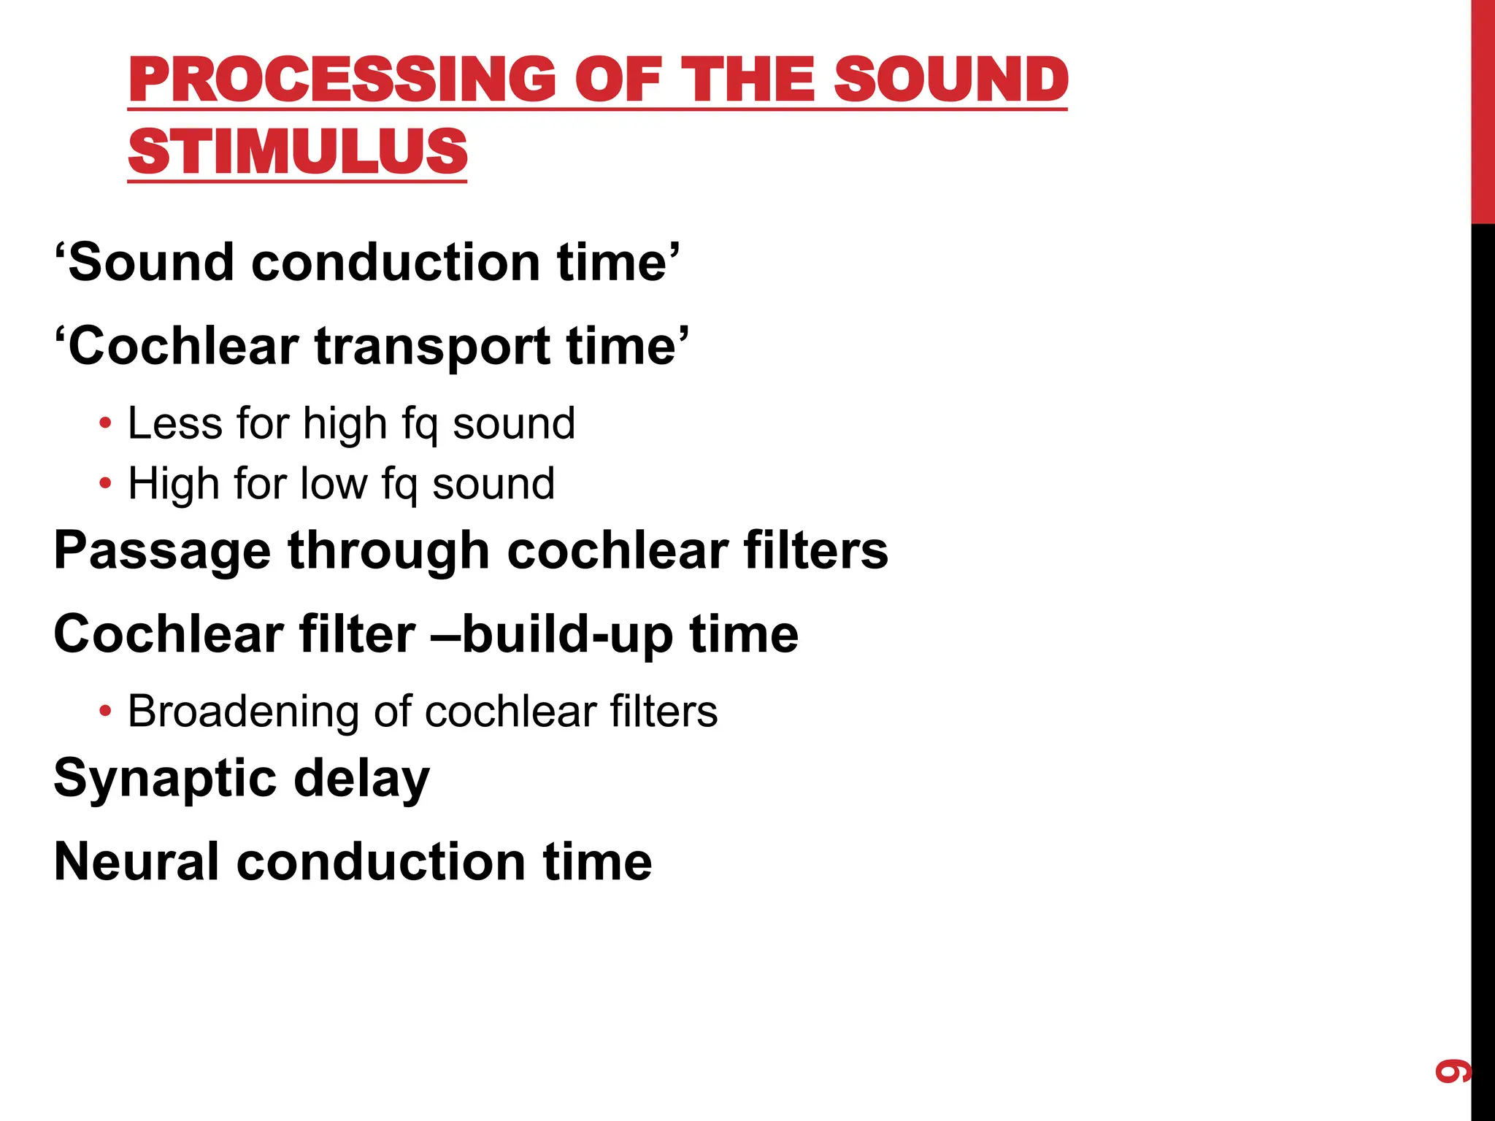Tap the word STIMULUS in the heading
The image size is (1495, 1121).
point(297,152)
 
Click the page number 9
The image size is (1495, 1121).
point(1451,1071)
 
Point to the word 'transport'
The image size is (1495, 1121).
point(431,346)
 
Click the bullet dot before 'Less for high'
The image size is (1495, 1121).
point(106,423)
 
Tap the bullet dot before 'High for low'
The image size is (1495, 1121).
point(106,483)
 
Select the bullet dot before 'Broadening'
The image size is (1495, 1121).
point(106,711)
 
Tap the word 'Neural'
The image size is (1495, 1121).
point(136,862)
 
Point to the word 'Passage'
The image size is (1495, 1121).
point(162,552)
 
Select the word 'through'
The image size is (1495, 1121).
point(388,552)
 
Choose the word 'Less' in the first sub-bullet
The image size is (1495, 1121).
point(175,423)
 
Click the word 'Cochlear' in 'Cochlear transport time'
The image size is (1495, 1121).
point(183,346)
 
